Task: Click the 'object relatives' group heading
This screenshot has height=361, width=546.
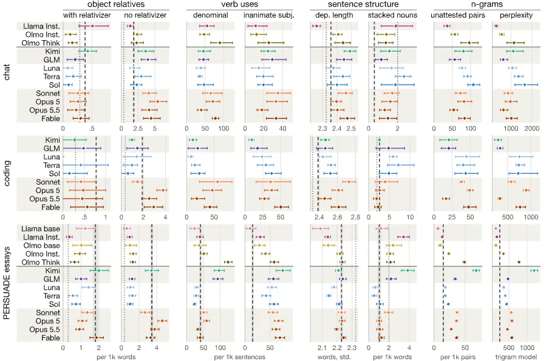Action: [116, 4]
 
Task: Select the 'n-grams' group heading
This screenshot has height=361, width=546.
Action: [487, 4]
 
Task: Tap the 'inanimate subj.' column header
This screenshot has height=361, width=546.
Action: [269, 15]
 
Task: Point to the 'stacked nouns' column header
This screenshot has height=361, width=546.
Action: [392, 15]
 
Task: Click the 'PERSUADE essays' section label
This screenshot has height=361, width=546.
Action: [6, 283]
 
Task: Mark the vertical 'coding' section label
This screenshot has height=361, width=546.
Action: [6, 173]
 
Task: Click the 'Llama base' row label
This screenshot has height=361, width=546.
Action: [41, 229]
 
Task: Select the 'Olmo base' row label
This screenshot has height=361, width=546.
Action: [42, 246]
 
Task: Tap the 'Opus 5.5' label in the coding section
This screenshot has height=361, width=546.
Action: [44, 199]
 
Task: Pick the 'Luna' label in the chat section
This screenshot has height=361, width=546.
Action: [52, 68]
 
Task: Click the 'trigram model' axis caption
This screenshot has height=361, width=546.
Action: [516, 357]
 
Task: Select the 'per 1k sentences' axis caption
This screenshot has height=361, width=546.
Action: [239, 357]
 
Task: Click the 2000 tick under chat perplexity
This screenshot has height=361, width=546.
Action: [531, 129]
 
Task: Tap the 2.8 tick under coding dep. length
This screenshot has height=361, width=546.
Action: [355, 217]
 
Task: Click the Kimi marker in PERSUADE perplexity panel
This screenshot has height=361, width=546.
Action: [533, 270]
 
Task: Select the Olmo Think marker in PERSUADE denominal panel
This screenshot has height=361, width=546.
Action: [228, 262]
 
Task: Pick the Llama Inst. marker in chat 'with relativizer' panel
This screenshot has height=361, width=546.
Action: [92, 26]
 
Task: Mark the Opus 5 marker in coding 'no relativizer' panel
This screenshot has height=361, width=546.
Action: [162, 190]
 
